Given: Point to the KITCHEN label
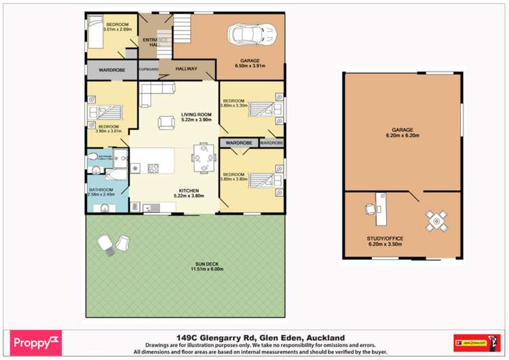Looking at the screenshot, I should click(188, 190).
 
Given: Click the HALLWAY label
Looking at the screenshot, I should click(187, 69).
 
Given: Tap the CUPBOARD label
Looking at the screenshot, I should click(148, 69).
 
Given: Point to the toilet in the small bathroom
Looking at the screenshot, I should click(95, 158).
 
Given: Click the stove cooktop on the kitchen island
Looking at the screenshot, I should click(153, 167).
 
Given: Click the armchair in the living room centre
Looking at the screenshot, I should click(165, 122).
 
